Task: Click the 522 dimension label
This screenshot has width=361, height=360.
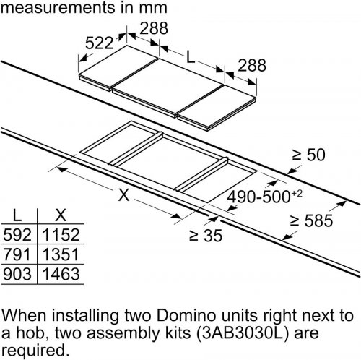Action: pos(99,43)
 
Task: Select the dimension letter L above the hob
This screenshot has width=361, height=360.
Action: pos(191,58)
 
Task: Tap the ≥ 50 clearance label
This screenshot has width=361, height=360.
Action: pos(308,155)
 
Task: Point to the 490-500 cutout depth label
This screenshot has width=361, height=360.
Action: pos(264,197)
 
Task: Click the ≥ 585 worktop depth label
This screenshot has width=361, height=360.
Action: pos(312,220)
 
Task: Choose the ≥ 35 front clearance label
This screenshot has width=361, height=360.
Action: pos(206,236)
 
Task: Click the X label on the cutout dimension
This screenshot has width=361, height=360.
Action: pos(124,194)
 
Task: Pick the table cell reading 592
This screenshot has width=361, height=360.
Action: pos(17,234)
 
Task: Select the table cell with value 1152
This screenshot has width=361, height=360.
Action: pos(61,234)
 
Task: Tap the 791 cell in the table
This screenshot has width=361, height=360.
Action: pos(17,254)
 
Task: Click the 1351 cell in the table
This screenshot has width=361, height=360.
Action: pos(61,254)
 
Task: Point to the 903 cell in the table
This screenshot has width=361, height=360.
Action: pos(17,274)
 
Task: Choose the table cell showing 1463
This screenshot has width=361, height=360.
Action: pos(61,274)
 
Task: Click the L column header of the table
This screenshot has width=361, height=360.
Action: pos(17,215)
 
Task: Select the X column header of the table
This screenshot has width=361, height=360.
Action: pos(61,215)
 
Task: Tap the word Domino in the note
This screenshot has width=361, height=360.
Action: pos(186,315)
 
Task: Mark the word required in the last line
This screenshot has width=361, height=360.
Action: pos(34,351)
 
